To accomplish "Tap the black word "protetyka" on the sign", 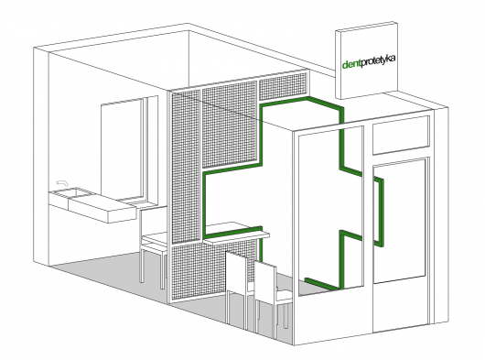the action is (x=378, y=60).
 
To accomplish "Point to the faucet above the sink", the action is (x=62, y=183).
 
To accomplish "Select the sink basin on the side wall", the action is (x=64, y=193).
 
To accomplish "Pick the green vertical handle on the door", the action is (x=379, y=212).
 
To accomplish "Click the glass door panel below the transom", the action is (x=400, y=221).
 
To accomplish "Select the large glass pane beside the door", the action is (x=329, y=211).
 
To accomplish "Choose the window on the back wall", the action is (x=123, y=151).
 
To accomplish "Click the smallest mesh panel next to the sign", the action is (x=283, y=86).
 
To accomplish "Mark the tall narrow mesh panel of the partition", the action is (x=185, y=166).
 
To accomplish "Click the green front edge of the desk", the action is (x=233, y=233).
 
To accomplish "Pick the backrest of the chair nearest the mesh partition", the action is (x=236, y=272).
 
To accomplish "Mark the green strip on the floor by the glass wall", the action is (x=322, y=284).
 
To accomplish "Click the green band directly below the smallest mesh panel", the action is (x=284, y=102).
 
